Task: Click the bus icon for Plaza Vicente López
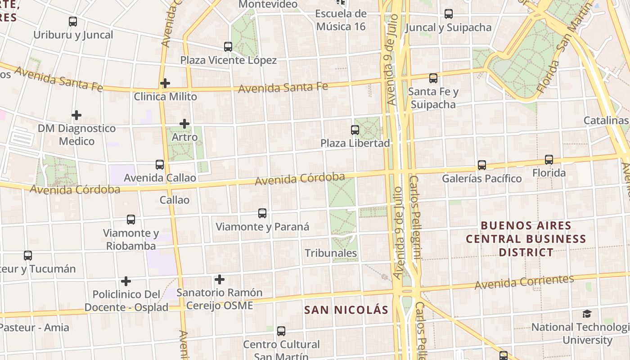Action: coord(228,46)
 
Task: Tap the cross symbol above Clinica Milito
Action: coord(165,83)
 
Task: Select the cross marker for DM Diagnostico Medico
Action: coord(76,115)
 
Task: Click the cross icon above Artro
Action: coord(184,124)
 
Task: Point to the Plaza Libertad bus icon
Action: coord(355,130)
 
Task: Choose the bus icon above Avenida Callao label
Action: coord(160,164)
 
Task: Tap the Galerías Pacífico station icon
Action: coord(482,165)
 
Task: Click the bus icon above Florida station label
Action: coord(549,159)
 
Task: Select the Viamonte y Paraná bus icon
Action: coord(262,213)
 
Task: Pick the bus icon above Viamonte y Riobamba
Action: coord(131,220)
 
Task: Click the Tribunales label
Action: coord(331,253)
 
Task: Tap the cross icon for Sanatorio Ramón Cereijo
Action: coord(220,279)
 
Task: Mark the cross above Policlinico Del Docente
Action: coord(126,281)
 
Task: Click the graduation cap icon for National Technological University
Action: coord(587,314)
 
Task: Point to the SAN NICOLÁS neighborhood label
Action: coord(346,310)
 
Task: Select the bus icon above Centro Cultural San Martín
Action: coord(281,331)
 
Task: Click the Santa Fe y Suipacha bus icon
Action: coord(433,78)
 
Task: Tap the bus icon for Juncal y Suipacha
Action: coord(449,14)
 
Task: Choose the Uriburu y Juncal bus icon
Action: coord(73,21)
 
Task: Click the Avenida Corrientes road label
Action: coord(524,282)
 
